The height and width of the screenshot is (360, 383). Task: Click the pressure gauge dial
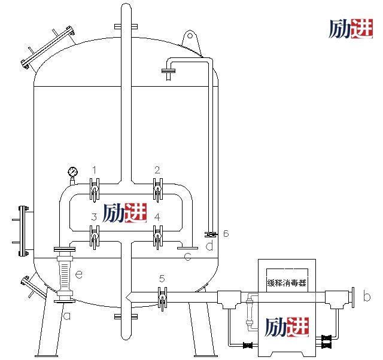coord(72,172)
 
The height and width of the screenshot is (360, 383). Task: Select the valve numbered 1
coord(95,190)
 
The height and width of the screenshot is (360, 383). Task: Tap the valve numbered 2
coord(158,190)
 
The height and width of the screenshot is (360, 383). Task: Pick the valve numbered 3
coord(95,237)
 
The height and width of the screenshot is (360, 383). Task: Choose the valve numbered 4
coord(158,237)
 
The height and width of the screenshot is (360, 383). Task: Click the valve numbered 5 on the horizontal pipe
coord(162,298)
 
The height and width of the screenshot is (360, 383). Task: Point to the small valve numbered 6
coord(211,234)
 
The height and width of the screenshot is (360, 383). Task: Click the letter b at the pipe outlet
coord(367,296)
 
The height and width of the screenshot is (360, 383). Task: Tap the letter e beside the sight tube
coord(78,274)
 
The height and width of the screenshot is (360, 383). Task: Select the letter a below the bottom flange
coord(66,316)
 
